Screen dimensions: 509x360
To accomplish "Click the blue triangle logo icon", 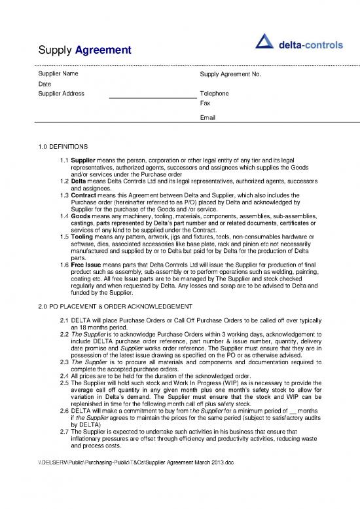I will (x=263, y=44).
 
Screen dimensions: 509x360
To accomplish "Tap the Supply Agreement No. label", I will (x=230, y=75).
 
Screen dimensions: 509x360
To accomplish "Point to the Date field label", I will (x=45, y=84).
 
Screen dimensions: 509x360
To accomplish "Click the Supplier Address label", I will (x=61, y=94).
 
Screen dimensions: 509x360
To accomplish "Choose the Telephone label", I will (x=214, y=94).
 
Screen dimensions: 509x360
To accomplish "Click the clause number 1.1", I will (x=63, y=160).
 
